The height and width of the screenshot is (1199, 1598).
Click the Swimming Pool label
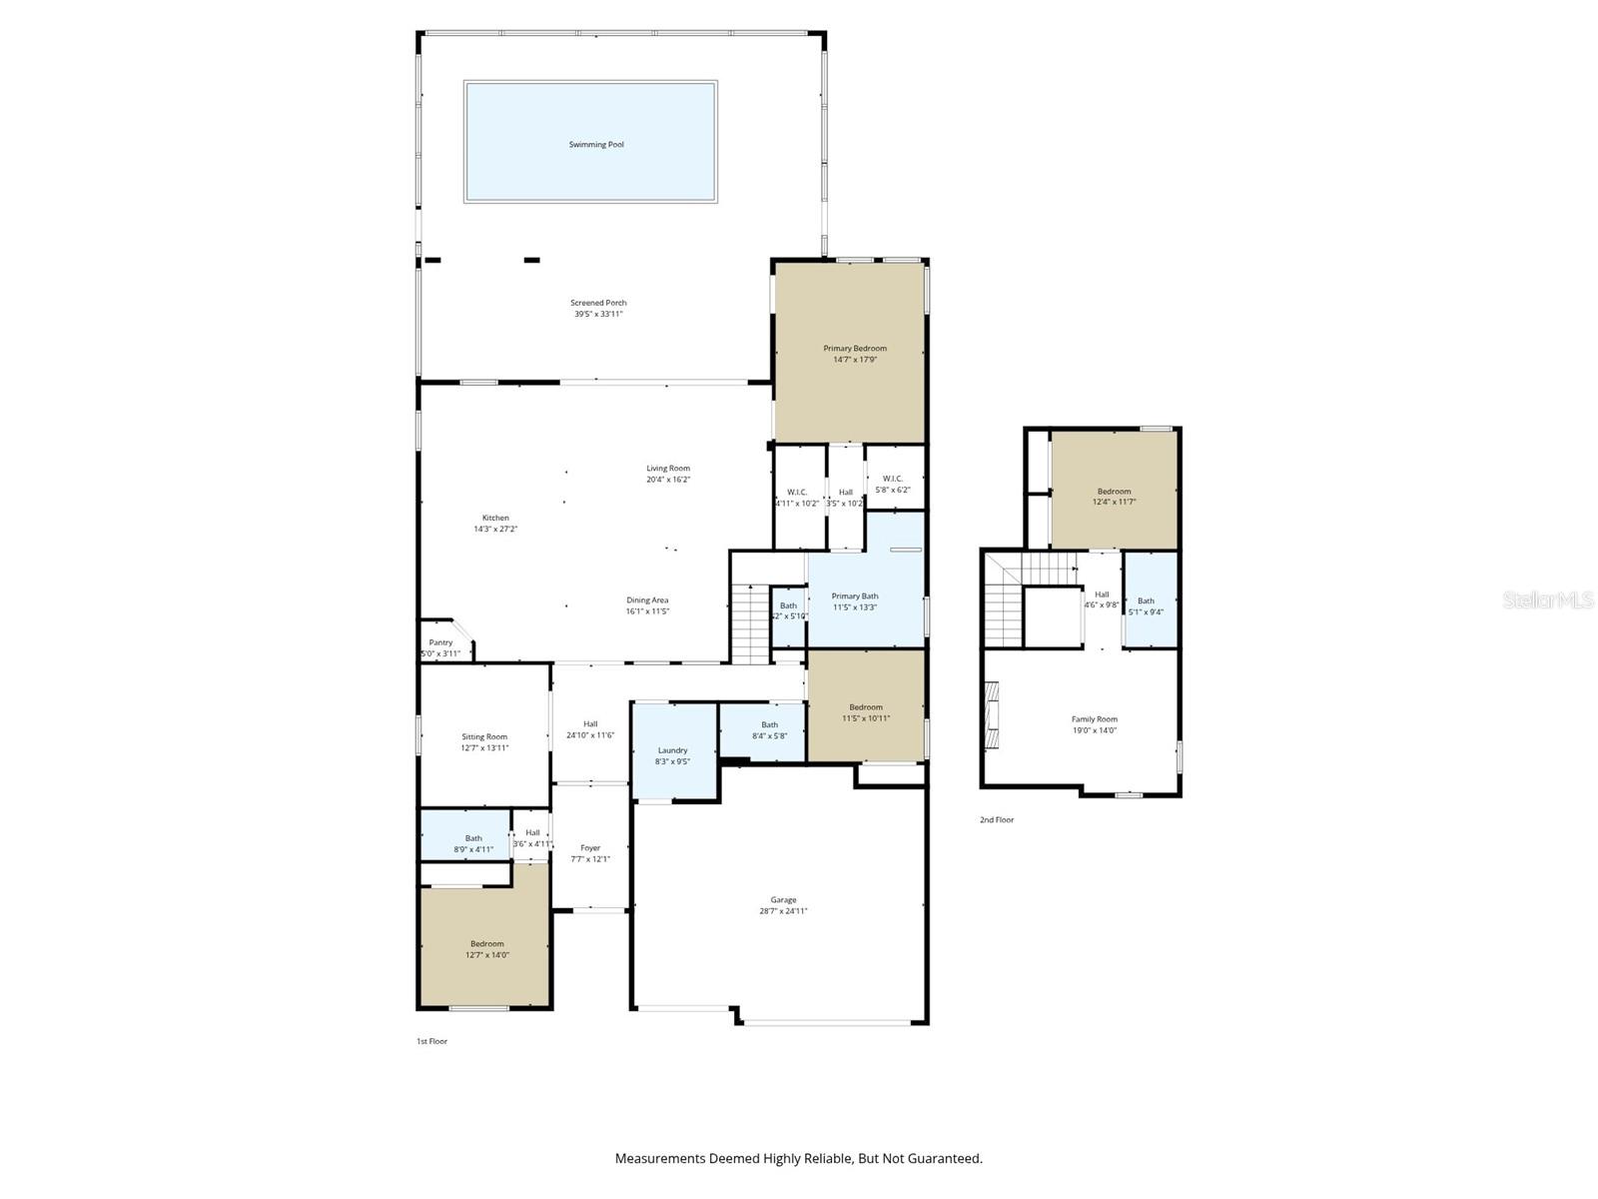pos(596,145)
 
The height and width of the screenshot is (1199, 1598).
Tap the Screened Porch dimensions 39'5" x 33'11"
pos(598,314)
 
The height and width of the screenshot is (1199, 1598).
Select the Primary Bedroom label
pos(855,349)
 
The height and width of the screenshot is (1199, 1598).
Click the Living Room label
pos(668,468)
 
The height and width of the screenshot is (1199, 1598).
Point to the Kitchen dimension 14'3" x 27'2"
pos(495,530)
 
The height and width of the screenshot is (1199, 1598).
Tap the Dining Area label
pos(647,600)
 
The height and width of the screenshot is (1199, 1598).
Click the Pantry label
pos(440,642)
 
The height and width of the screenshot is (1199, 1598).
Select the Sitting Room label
pos(484,736)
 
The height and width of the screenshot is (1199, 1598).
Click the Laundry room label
pos(672,750)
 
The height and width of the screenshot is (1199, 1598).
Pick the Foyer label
pos(590,847)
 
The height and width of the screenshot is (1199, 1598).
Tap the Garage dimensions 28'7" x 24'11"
pos(783,911)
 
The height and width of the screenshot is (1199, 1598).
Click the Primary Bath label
pos(855,597)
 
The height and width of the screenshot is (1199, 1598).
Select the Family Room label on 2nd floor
pos(1095,718)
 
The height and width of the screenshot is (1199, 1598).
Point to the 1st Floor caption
pos(432,1041)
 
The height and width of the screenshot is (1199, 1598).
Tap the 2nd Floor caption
pos(996,819)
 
